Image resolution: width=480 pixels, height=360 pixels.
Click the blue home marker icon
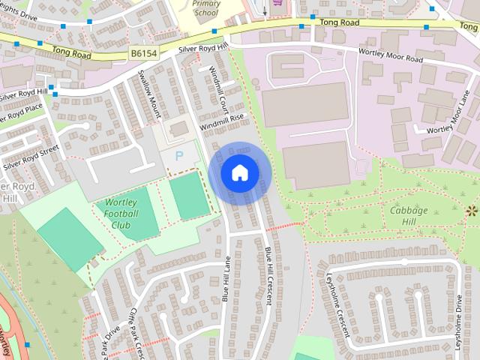pos(238,172)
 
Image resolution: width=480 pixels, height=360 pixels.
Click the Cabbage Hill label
pos(409,215)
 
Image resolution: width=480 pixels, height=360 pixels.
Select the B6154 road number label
pos(144,53)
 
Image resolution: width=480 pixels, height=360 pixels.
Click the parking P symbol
pos(178,155)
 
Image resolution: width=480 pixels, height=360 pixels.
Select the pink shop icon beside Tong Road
pos(280,4)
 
